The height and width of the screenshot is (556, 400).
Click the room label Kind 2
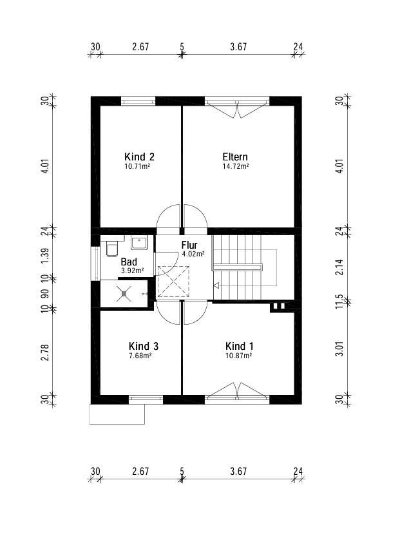coord(139,157)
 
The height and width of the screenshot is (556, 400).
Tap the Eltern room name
coord(235,157)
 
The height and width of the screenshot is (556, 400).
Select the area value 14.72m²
coord(235,166)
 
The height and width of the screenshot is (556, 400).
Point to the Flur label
coord(189,245)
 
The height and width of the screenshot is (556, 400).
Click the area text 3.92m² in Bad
coord(132,271)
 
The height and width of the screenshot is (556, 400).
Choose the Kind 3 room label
coord(143,346)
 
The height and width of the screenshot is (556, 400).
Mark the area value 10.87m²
coord(239,355)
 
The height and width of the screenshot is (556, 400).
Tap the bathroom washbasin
coord(139,244)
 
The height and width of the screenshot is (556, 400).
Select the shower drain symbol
coord(124,294)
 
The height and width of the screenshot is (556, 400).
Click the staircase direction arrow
coord(216,285)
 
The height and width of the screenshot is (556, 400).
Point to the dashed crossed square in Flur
coord(173,281)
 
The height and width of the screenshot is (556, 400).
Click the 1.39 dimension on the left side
coord(44,255)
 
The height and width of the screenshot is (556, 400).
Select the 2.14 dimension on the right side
coord(339,267)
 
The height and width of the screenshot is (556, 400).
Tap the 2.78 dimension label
coord(44,352)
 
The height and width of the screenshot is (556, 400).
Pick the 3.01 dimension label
coord(339,349)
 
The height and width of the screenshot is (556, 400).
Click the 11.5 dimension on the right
coord(339,302)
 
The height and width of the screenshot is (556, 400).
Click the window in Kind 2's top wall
coord(138,101)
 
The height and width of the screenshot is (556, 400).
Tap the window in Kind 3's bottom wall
coord(146,399)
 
